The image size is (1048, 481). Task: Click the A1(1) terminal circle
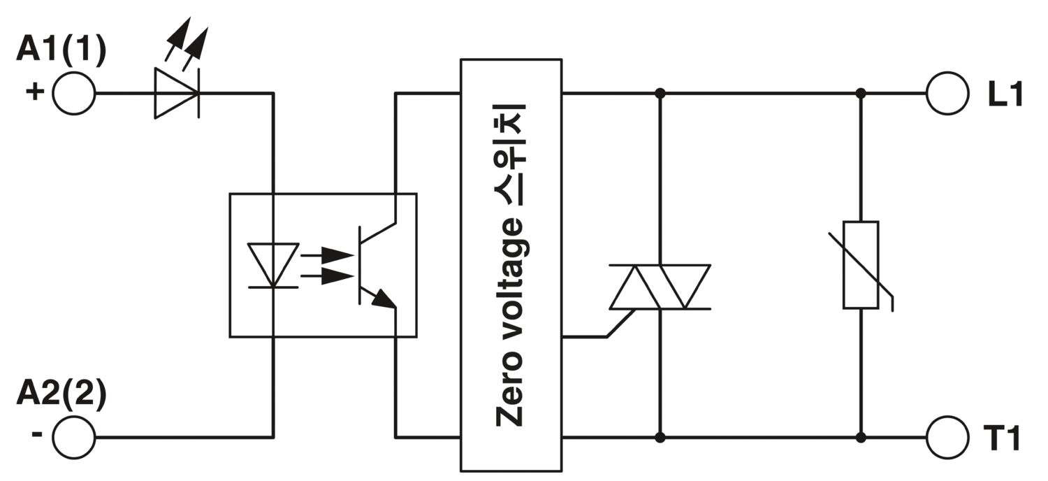(73, 93)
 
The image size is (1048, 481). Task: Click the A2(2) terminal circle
(73, 438)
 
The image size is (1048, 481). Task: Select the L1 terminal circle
(947, 93)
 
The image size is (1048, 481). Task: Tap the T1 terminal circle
(947, 438)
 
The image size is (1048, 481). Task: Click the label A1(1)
(61, 50)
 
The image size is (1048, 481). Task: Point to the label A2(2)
(61, 394)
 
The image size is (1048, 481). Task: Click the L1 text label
(1005, 94)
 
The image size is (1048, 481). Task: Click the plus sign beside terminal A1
(35, 91)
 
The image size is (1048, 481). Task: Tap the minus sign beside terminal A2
(37, 434)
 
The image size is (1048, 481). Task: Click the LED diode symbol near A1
(177, 93)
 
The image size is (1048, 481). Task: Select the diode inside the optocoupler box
(273, 265)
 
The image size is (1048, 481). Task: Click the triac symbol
(660, 287)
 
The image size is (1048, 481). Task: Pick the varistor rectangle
(861, 265)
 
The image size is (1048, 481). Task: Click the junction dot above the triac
(660, 93)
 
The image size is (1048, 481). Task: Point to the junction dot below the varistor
(861, 438)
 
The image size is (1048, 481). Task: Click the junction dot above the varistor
(861, 93)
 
